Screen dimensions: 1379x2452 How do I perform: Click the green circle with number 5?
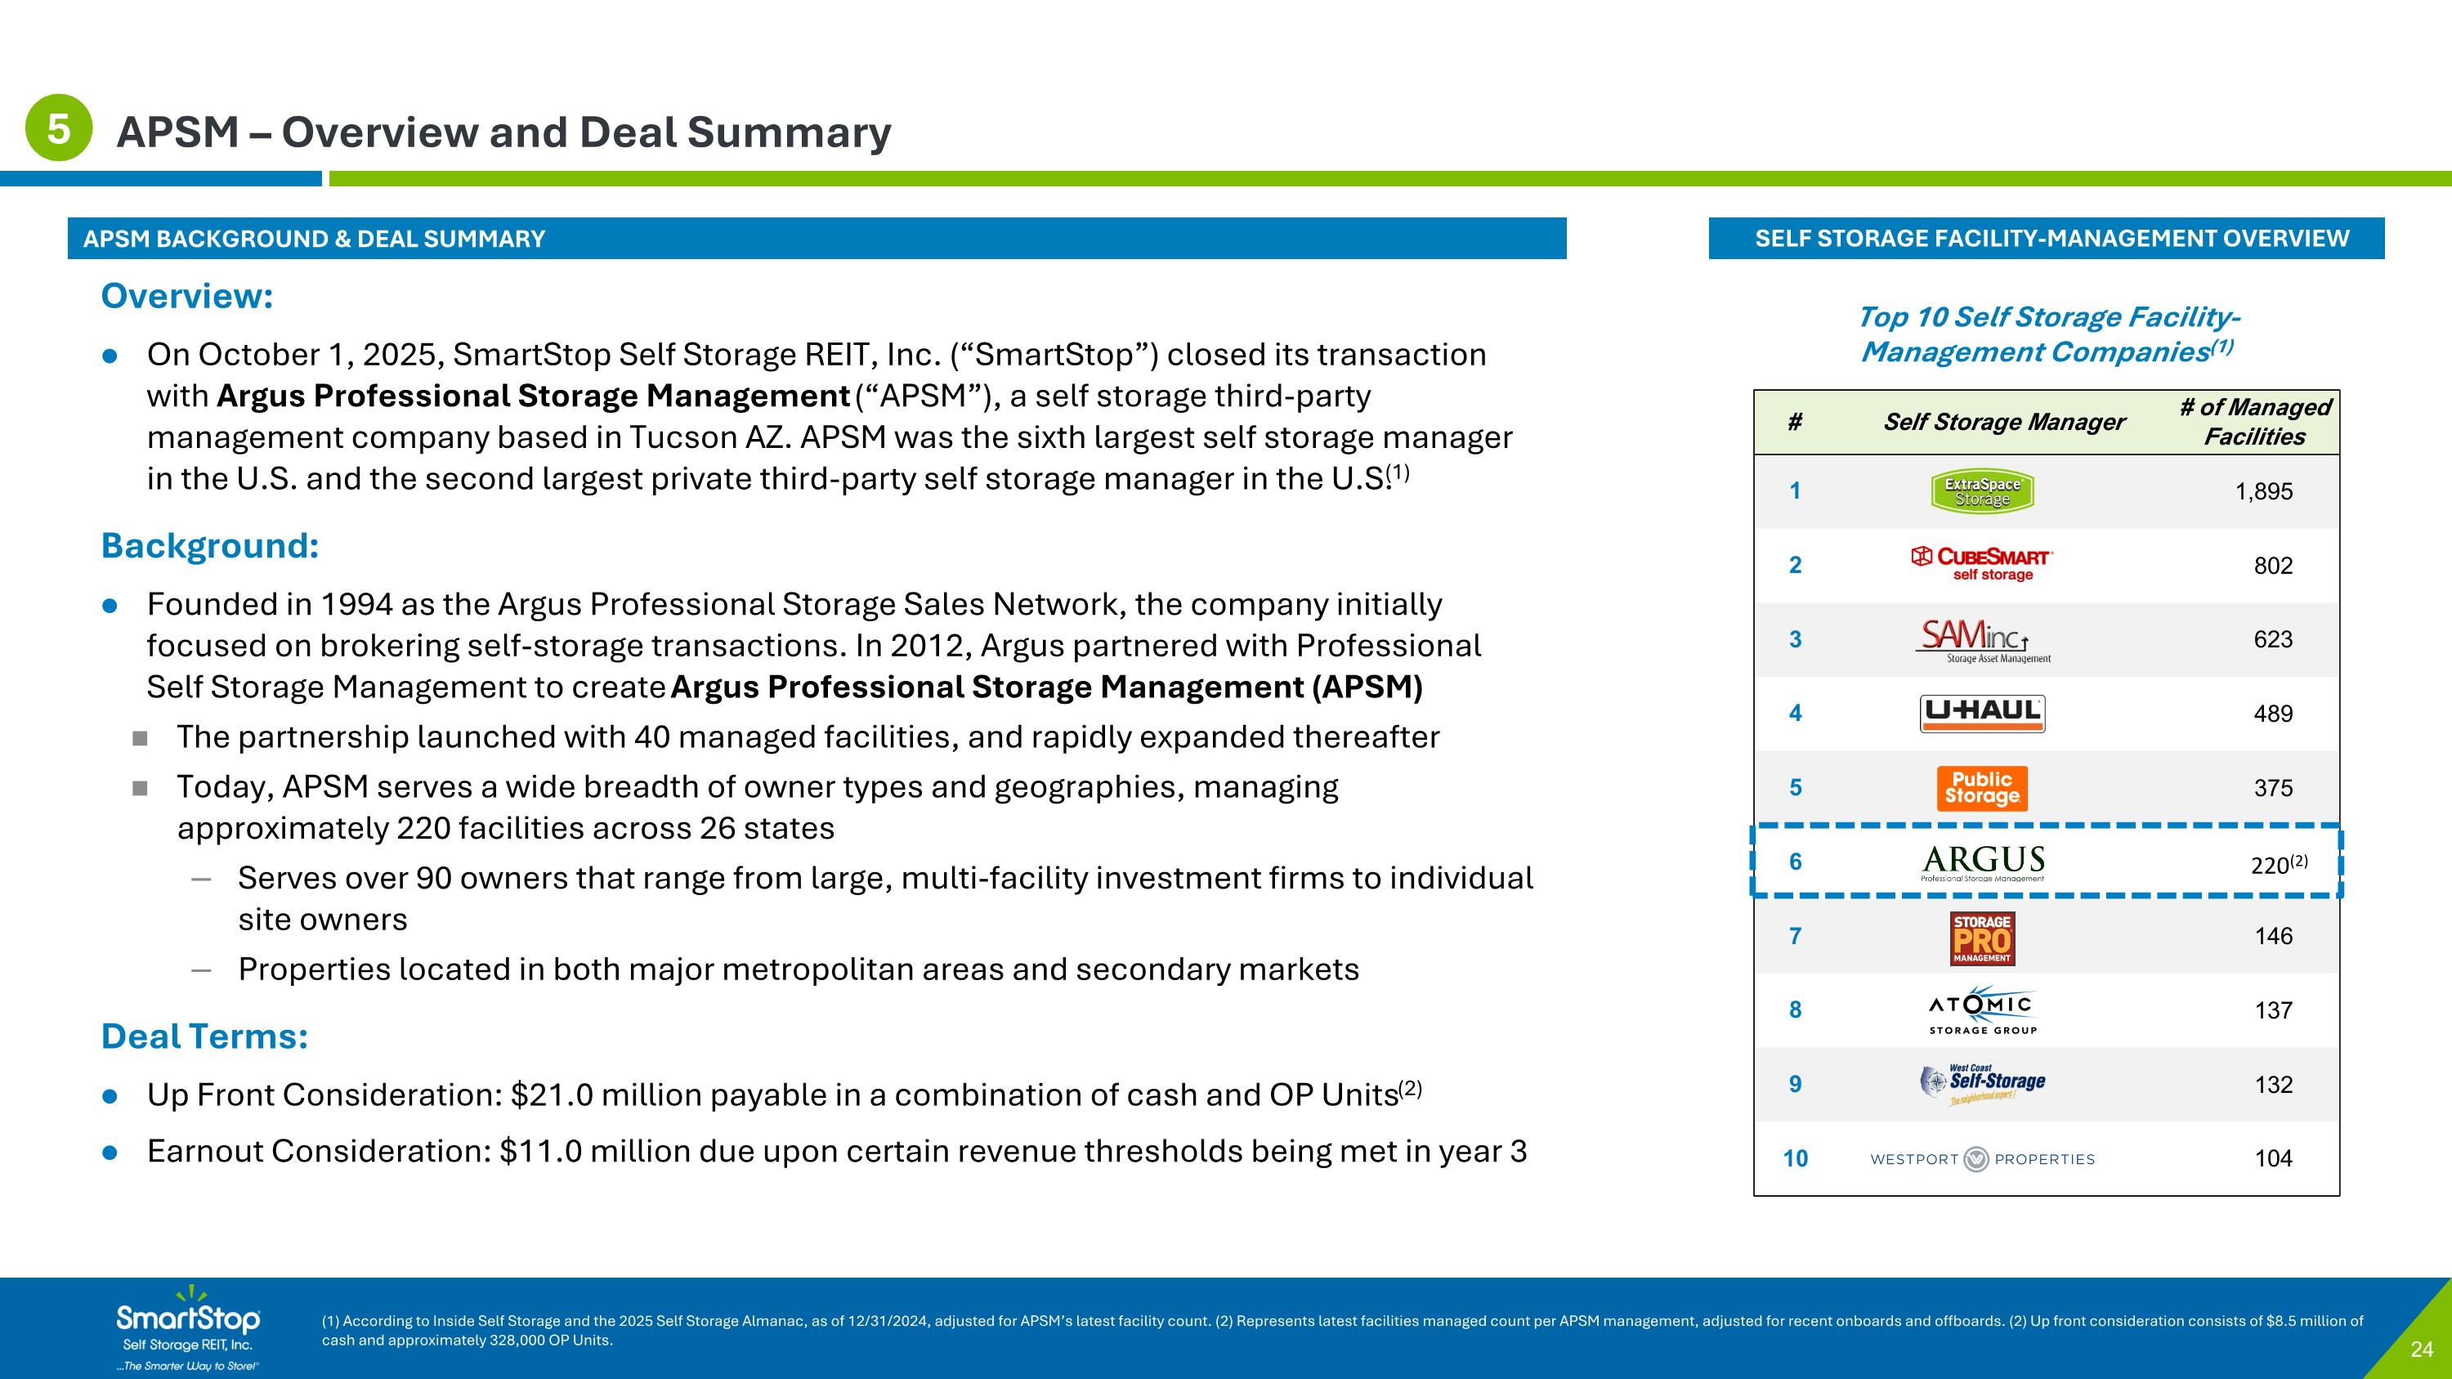coord(58,128)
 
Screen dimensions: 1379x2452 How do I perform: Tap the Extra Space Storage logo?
coord(1982,491)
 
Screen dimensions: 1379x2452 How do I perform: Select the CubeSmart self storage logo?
coord(1982,563)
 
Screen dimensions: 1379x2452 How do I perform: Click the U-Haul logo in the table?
coord(1982,714)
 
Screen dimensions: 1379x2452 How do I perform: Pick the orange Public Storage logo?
coord(1982,788)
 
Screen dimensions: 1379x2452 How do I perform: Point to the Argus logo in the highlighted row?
coord(1983,862)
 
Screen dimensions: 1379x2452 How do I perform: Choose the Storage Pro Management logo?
coord(1982,938)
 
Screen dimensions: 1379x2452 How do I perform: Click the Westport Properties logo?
coord(1982,1159)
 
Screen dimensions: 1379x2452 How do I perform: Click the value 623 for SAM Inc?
coord(2272,639)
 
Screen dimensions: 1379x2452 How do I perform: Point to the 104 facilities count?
coord(2272,1158)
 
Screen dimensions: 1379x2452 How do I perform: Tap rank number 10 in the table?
coord(1795,1158)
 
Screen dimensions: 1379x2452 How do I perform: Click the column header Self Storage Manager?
coord(2003,422)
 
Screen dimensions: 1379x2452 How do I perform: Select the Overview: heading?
coord(186,296)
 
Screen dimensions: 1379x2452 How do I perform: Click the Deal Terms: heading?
coord(204,1036)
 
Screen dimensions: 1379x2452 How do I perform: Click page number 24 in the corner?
coord(2422,1350)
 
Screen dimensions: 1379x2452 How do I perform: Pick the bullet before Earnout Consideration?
coord(110,1153)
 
